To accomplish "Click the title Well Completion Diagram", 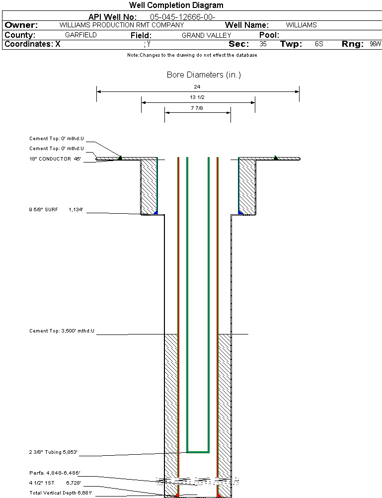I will [176, 5].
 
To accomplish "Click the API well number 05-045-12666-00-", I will [182, 17].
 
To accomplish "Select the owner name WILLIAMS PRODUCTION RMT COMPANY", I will [121, 25].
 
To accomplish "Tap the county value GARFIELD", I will [81, 35].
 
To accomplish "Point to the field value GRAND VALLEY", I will [206, 35].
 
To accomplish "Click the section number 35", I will [263, 44].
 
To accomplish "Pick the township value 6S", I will [319, 44].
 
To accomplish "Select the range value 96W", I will [375, 44].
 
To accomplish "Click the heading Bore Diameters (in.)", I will [204, 75].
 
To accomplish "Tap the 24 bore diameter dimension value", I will [197, 86].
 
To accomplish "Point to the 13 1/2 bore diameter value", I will [197, 97].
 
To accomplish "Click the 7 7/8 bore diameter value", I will [197, 108].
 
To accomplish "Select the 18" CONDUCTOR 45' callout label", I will [55, 159].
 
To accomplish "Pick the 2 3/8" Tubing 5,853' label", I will [53, 452].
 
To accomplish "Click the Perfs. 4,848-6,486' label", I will [55, 473].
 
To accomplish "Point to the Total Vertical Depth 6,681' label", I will [61, 493].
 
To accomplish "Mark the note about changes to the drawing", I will [192, 55].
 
